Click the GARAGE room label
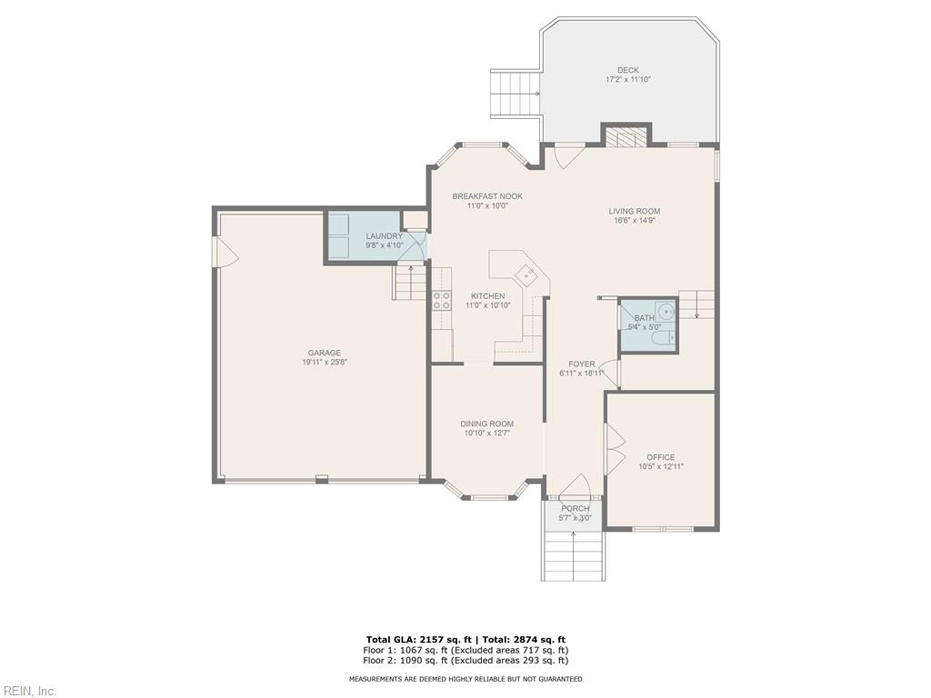(324, 353)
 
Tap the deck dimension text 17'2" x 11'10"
(628, 80)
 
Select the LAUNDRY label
(384, 236)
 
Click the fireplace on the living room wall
(626, 137)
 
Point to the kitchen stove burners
(442, 301)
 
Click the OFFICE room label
(660, 457)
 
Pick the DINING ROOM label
(486, 424)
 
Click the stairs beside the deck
(516, 94)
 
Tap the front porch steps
(574, 553)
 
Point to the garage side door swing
(225, 253)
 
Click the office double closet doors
(615, 448)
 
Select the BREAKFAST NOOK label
(487, 196)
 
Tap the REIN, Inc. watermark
(29, 691)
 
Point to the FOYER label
(582, 364)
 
